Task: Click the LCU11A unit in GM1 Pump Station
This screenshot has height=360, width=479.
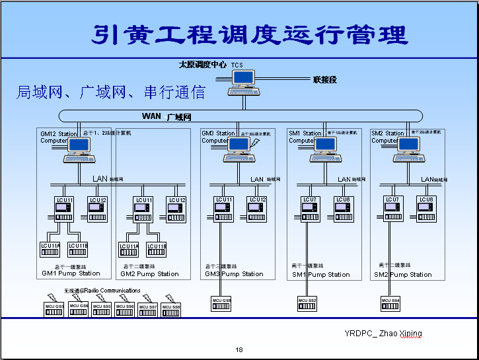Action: [x=50, y=249]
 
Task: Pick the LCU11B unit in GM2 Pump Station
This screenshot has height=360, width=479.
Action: [x=157, y=249]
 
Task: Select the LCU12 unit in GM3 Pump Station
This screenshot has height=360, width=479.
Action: [x=257, y=208]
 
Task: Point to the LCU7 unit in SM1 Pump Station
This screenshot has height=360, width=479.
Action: [x=309, y=208]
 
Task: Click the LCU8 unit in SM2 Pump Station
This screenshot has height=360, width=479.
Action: [x=426, y=208]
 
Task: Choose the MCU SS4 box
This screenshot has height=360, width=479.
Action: [x=390, y=303]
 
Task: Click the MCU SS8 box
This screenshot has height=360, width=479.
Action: [x=172, y=309]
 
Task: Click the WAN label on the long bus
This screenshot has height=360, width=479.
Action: [x=151, y=116]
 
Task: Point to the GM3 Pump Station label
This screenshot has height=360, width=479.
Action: [x=234, y=273]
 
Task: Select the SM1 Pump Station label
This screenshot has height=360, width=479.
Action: [x=321, y=274]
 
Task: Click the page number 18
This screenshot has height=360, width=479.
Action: [x=239, y=349]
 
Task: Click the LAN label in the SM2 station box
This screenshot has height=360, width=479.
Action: [x=427, y=179]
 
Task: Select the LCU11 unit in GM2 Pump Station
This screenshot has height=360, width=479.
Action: [x=143, y=208]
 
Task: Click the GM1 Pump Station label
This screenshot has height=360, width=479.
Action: [x=71, y=273]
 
